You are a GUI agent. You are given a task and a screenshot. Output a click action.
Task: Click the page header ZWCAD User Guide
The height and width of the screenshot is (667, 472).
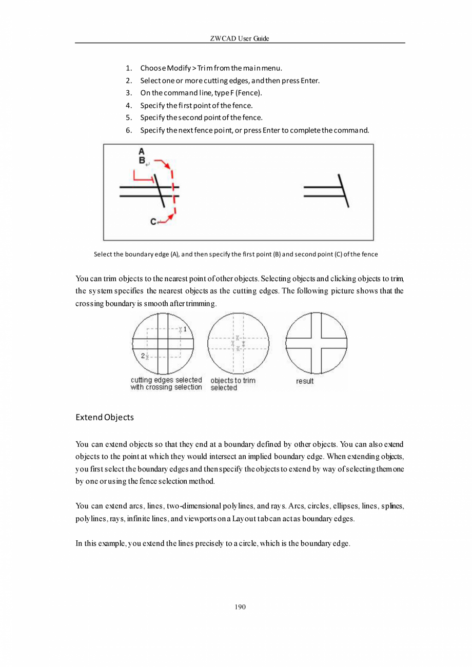[240, 39]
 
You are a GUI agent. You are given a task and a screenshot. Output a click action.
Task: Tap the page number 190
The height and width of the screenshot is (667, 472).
[240, 607]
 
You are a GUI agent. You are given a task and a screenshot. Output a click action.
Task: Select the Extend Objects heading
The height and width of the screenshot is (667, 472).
[104, 417]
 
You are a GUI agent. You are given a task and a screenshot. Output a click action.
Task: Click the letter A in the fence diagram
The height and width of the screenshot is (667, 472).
[142, 151]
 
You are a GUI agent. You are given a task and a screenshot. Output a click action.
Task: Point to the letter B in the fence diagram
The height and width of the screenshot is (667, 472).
[142, 160]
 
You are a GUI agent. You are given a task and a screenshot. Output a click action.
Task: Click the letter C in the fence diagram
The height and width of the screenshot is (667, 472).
[153, 222]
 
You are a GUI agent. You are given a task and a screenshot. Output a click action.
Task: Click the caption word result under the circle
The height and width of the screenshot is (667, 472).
[304, 381]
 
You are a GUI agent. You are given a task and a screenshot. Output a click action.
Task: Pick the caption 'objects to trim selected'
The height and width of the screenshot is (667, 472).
[232, 384]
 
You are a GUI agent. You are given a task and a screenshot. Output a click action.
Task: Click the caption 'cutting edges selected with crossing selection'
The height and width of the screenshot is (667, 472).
[166, 384]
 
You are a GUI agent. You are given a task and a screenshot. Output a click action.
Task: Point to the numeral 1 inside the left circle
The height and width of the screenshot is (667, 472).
[185, 329]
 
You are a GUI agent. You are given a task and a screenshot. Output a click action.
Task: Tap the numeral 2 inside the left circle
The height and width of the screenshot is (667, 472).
[143, 355]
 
